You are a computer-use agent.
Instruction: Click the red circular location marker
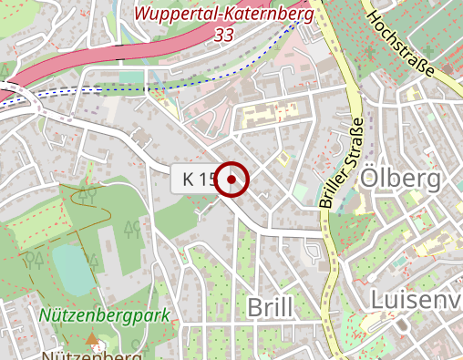(233, 179)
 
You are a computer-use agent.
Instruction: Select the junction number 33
(223, 35)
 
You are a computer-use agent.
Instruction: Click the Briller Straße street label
(342, 163)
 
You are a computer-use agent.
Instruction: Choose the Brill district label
(271, 307)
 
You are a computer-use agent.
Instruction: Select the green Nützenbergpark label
(106, 317)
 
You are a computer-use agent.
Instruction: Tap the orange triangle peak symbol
(92, 340)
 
